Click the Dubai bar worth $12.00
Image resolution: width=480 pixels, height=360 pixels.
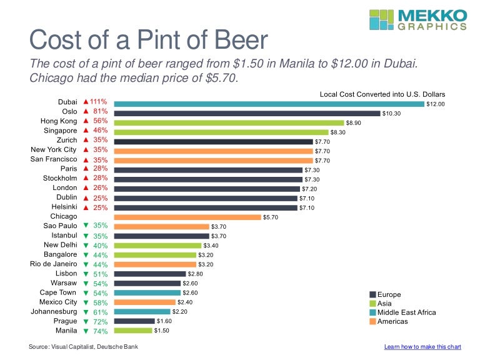click(x=269, y=104)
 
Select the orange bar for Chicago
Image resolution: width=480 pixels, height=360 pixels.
click(x=187, y=217)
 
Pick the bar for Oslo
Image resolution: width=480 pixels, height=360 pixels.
click(x=247, y=113)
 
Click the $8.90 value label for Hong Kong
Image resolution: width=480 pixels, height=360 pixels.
click(x=354, y=123)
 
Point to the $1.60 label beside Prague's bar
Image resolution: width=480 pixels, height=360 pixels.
click(x=164, y=321)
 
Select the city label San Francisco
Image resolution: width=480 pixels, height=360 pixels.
click(x=54, y=159)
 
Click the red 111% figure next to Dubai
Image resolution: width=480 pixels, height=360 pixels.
click(x=99, y=101)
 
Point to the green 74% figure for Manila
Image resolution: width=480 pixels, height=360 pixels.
click(x=100, y=330)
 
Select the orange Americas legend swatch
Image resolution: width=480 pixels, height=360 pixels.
click(x=372, y=321)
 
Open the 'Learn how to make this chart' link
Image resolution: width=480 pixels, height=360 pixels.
click(x=422, y=346)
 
